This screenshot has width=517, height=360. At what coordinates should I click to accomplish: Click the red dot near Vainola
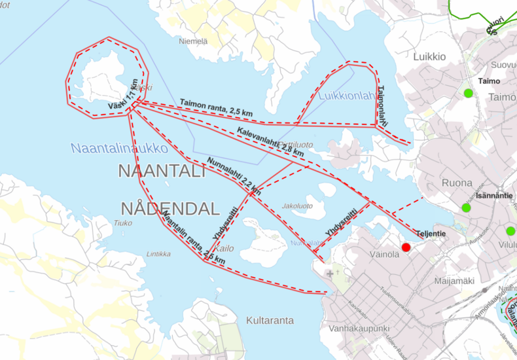coord(406,247)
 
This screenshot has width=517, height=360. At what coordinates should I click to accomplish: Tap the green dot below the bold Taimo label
coord(468,93)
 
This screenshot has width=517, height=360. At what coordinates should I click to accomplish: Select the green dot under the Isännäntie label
coord(466,207)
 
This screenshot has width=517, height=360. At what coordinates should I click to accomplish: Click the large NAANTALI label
coord(162,171)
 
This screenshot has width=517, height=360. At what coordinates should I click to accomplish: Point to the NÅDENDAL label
coord(169,209)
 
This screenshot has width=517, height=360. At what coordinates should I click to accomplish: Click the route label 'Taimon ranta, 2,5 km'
coord(216,107)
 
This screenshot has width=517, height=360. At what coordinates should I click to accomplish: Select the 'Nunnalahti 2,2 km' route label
coord(234,175)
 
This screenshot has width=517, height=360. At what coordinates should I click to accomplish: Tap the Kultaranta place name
coord(270,320)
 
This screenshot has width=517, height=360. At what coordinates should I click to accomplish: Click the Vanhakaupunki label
coord(361,328)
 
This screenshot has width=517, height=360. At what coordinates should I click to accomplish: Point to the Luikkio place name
coord(429,57)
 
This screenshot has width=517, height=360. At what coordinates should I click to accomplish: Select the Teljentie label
coord(431,233)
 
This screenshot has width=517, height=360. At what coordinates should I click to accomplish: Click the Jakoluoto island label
coord(297,206)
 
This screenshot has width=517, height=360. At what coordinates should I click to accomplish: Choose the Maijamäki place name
coord(454,281)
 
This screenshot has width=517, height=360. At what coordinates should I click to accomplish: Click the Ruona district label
coord(457,183)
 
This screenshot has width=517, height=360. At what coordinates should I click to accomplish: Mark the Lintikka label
coord(159,254)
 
